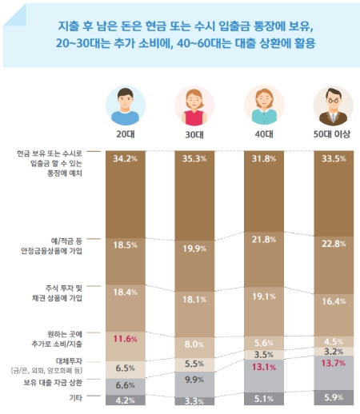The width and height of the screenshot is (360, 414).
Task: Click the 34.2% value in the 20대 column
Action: coord(123,158)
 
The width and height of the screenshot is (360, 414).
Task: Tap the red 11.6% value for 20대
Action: coord(123,340)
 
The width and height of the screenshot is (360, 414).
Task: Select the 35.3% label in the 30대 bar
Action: coord(193,158)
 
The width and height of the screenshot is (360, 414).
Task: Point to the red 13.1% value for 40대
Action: coord(262,367)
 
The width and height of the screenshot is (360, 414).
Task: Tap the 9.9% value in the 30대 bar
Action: coord(193,379)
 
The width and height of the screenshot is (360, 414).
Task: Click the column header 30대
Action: coord(193,135)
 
